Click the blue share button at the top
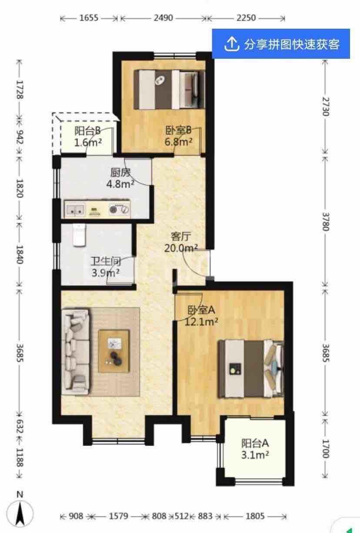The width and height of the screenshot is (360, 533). point(281,44)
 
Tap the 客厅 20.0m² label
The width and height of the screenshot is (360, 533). point(181,242)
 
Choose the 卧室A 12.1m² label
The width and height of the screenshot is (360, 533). point(201,315)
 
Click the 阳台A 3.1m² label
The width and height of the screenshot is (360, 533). point(255,449)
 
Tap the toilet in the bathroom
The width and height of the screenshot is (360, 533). point(79,235)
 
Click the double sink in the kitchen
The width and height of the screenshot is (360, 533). point(75,209)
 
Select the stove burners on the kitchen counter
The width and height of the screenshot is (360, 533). point(119,209)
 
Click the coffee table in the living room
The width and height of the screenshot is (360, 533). point(114,351)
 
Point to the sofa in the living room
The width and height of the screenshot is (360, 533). point(76,352)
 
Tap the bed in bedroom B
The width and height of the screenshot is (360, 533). point(169,90)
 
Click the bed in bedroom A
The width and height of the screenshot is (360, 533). point(251,369)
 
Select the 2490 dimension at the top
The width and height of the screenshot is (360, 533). point(163,18)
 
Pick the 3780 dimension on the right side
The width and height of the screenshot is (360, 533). point(326,221)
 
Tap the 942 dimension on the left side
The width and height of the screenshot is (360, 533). point(20,137)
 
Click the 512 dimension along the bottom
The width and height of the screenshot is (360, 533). point(182,516)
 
